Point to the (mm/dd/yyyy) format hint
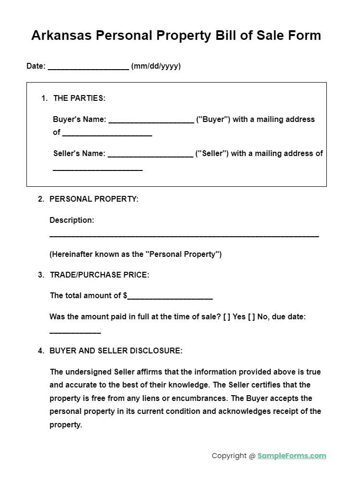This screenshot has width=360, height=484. pos(156,66)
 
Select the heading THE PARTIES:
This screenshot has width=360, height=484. pos(79,98)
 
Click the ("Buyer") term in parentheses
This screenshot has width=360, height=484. pos(213,119)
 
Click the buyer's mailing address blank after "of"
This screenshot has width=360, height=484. pos(107,134)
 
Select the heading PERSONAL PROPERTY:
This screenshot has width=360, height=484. pos(94,199)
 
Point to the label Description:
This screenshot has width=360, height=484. pos(72,220)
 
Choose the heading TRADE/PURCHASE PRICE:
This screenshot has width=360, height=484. pos(99,275)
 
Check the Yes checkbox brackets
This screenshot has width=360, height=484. pos(227,317)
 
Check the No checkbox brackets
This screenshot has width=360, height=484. pos(251,317)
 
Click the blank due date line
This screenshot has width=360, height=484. pos(75,332)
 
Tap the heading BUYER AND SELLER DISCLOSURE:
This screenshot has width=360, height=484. pos(116,351)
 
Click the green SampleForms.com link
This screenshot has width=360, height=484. pos(292,456)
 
